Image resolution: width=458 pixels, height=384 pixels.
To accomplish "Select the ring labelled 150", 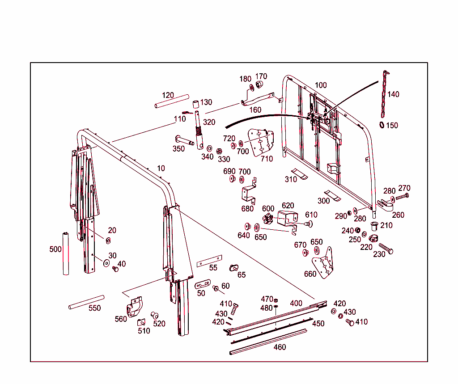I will pos(382,125).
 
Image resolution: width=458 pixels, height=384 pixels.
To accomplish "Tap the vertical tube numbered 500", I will pos(66,253).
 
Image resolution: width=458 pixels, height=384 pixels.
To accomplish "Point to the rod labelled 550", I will pos(86,302).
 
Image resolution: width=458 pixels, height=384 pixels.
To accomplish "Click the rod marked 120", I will pos(172,101).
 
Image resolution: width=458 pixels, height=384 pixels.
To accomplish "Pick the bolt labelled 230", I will pos(386,249).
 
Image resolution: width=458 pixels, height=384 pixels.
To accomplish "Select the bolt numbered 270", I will pos(402,196).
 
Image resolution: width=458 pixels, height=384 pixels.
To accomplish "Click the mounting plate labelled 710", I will pos(262,143).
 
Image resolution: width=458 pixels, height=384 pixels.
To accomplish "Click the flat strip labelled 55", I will pos(210,261).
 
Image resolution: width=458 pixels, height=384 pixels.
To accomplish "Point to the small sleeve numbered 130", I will pos(196,105).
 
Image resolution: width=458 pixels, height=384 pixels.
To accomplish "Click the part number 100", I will pos(321,85).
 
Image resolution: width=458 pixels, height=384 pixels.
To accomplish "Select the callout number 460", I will pos(280,347).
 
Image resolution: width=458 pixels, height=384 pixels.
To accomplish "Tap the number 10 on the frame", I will pos(161,168).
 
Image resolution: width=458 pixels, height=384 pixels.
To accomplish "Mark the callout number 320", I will pos(209,122).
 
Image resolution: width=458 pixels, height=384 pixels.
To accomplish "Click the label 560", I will pos(121,319).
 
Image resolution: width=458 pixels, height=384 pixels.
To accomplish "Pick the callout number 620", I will pos(288,206).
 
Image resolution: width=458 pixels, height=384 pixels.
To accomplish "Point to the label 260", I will pos(398,215).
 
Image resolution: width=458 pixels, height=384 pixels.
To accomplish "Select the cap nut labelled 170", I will pos(259,84).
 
